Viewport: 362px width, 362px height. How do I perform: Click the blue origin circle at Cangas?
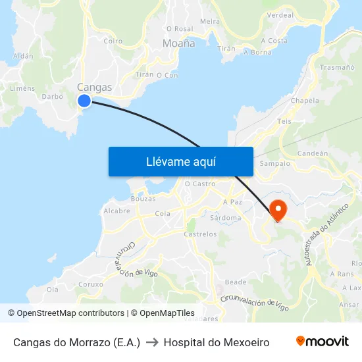point(84,100)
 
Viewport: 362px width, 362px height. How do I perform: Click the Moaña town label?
point(178,43)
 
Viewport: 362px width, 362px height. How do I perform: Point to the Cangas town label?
point(94,87)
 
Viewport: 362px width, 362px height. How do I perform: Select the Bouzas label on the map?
point(143,198)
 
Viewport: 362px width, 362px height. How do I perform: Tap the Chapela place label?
point(305,101)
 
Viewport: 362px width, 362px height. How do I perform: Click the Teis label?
point(284,121)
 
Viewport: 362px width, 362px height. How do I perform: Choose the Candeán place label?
point(313,153)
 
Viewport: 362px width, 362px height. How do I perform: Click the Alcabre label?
point(116,211)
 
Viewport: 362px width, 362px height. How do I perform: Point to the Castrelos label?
point(200,234)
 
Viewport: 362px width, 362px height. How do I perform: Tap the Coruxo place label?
point(90,284)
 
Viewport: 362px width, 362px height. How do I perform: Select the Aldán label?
point(23,57)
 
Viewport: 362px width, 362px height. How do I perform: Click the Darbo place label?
point(52,96)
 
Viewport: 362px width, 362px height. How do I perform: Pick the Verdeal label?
point(281,15)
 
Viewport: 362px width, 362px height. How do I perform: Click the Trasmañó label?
point(337,67)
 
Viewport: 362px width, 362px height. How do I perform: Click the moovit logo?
point(322,342)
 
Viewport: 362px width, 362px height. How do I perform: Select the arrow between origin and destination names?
point(152,342)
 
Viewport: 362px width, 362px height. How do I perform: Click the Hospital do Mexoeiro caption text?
point(217,342)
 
